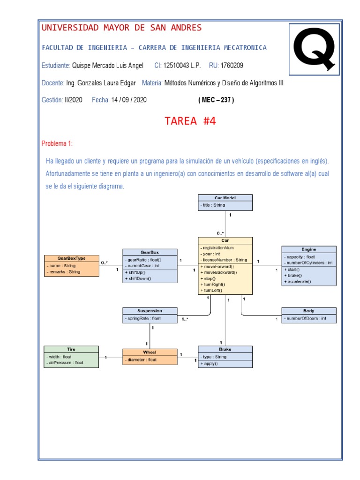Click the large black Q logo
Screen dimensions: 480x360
coord(314,48)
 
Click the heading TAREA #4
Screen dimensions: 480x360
coord(190,121)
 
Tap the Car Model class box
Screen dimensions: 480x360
coord(225,202)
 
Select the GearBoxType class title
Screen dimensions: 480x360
coord(71,258)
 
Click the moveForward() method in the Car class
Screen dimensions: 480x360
coord(219,266)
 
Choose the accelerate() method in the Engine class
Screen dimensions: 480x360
coord(298,281)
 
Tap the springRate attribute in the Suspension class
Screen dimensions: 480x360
coord(143,319)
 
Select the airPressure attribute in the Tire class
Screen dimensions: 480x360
coord(65,362)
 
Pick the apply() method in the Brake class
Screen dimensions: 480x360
coord(210,363)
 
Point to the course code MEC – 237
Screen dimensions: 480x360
coord(216,100)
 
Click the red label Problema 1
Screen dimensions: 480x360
coord(57,143)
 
